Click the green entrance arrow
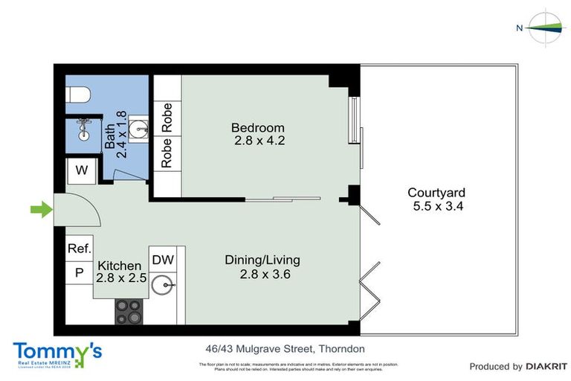[41, 211]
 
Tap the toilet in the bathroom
[78, 95]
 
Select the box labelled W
[81, 171]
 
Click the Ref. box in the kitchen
[78, 249]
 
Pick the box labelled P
[78, 273]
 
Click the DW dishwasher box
[163, 260]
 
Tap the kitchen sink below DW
[163, 286]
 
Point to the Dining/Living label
[262, 260]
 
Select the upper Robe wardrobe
[167, 118]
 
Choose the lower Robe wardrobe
[167, 153]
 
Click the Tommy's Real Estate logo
[57, 353]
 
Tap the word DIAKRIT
[546, 366]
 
